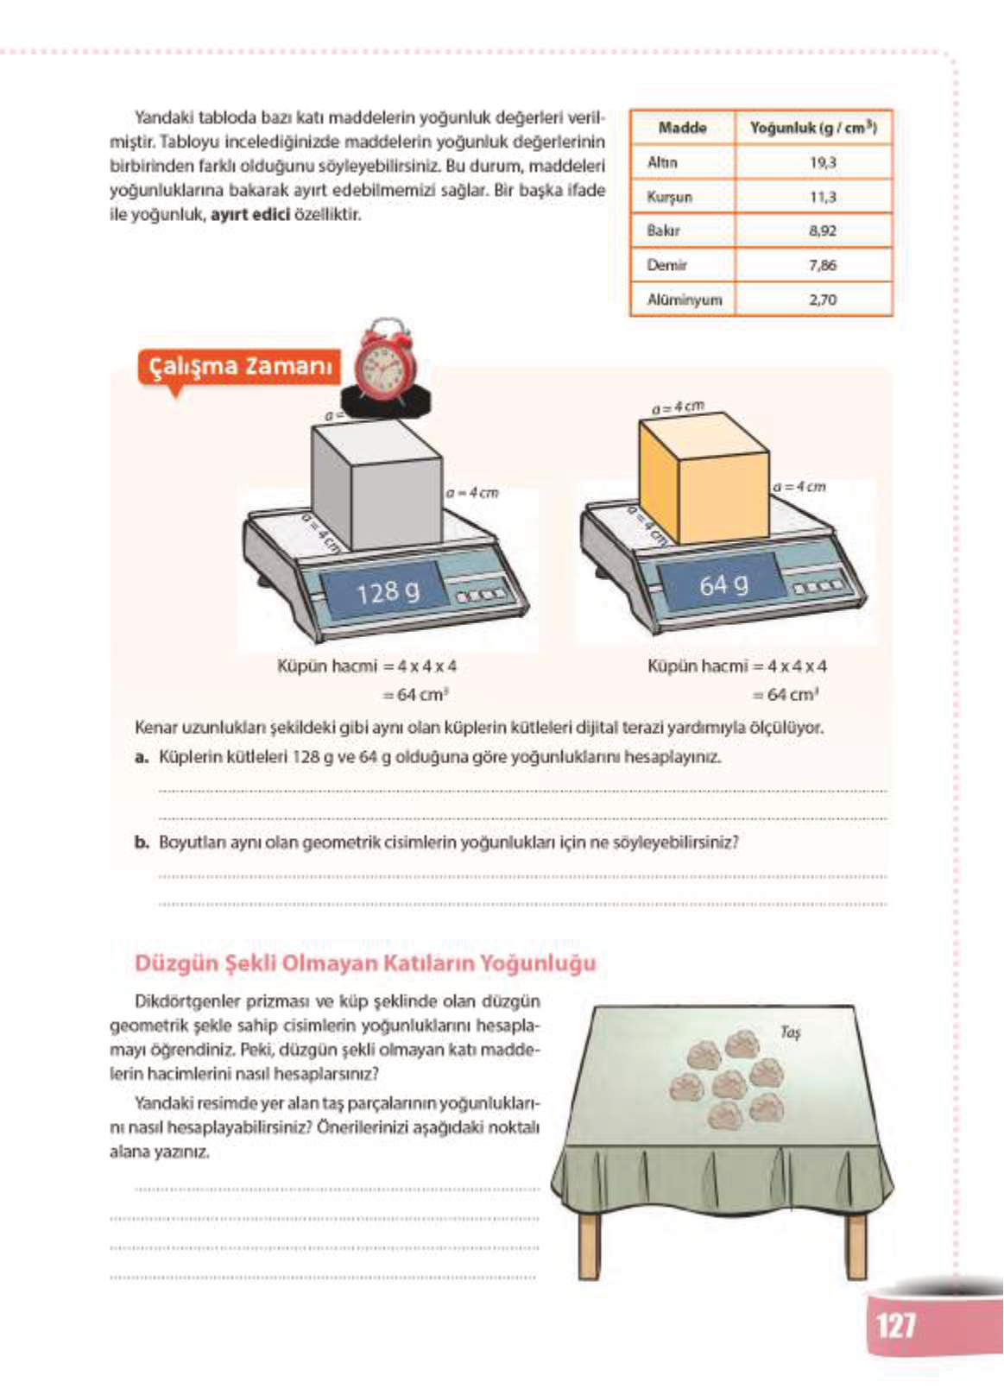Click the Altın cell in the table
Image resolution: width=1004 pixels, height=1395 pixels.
coord(663,162)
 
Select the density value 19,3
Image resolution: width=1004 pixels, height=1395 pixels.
coord(822,162)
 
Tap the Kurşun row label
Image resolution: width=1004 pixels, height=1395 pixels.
coord(669,197)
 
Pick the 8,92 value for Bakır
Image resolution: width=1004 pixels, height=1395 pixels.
coord(822,230)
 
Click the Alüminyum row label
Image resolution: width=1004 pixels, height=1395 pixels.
coord(684,300)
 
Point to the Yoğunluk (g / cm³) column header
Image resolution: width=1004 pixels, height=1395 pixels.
coord(812,128)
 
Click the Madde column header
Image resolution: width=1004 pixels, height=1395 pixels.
coord(682,128)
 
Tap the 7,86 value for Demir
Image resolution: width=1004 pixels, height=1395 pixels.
coord(822,265)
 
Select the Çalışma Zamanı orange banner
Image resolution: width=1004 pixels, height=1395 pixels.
coord(239,366)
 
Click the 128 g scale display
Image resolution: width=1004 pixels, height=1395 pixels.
coord(388,591)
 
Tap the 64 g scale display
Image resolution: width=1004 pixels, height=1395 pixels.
coord(723,585)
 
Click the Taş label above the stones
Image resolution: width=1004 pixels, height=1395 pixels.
coord(789,1032)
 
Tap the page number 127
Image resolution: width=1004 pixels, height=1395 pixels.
coord(896,1324)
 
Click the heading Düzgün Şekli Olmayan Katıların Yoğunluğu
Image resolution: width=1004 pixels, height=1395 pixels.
coord(365,963)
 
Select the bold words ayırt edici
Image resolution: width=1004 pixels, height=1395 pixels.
coord(249,214)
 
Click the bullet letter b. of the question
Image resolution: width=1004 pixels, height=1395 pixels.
coord(142,842)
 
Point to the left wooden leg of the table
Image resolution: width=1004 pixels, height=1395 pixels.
coord(590,1243)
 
